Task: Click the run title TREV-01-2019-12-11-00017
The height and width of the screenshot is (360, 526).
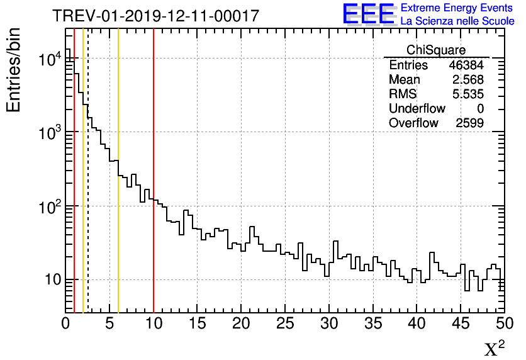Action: (155, 16)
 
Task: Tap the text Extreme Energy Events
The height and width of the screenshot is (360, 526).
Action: (457, 8)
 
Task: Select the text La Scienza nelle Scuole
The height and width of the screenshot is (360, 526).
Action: (457, 21)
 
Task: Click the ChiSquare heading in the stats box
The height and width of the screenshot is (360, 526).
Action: (436, 50)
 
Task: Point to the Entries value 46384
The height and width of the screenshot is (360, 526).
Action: (466, 65)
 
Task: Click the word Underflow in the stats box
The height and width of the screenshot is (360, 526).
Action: (417, 109)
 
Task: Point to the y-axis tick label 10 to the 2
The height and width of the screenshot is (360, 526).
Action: (49, 206)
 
